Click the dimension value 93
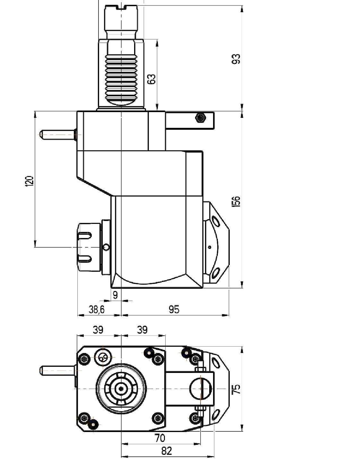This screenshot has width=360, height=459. click(237, 58)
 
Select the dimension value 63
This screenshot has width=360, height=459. click(152, 79)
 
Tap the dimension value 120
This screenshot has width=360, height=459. click(30, 181)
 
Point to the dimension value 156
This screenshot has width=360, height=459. click(237, 201)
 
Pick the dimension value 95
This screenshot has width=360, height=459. click(174, 310)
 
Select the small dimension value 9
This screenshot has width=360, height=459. click(115, 295)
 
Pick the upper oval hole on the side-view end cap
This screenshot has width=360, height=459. click(216, 221)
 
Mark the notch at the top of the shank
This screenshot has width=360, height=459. click(122, 8)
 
